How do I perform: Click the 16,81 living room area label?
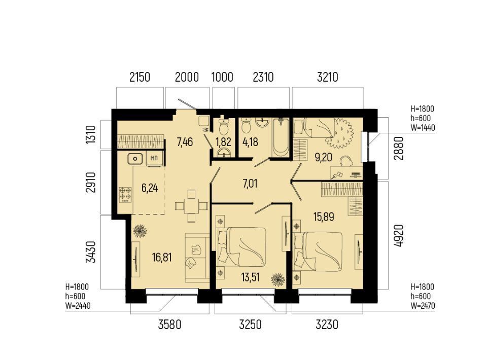coord(162,257)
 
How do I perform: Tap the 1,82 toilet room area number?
coord(223,142)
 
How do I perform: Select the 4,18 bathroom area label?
coord(250,142)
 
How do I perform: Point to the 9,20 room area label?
coord(323,157)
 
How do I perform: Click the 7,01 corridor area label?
coord(250,184)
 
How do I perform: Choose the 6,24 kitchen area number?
coord(150,188)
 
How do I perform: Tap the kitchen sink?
coord(135,159)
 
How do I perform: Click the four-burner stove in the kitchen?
coord(125,194)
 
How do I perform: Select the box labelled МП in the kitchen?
coord(154,159)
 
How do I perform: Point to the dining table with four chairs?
coord(191,206)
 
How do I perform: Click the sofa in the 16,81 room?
coord(197,258)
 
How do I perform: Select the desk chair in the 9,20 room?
coord(346,161)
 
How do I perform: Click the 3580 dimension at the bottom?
coord(169,325)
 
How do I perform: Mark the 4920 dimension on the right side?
coord(399,236)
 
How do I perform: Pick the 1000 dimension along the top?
coord(222,77)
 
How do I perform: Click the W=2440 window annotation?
coord(78,306)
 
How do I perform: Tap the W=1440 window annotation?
coord(423,128)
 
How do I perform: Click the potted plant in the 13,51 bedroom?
coord(278,279)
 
